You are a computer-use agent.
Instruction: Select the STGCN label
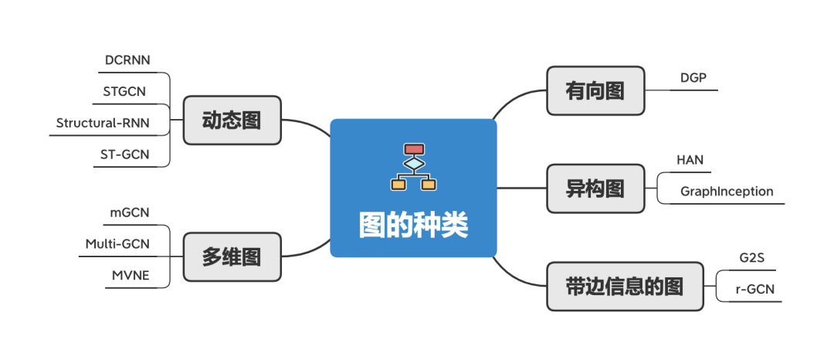[x=124, y=92]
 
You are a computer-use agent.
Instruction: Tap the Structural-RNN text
[x=103, y=123]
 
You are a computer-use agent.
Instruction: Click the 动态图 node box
[x=232, y=121]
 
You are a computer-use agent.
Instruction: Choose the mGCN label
[x=131, y=212]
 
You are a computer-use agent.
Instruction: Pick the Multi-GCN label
[x=117, y=244]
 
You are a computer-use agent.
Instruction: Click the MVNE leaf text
[x=130, y=275]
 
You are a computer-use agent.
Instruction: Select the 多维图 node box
[x=232, y=256]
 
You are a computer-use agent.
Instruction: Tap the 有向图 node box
[x=595, y=90]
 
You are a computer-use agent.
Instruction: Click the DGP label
[x=693, y=77]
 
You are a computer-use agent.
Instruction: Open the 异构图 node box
[x=595, y=188]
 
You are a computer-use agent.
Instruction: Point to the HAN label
[x=690, y=161]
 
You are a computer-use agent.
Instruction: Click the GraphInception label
[x=727, y=191]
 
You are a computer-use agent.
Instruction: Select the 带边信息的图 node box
[x=625, y=287]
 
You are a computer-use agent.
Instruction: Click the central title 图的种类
[x=414, y=226]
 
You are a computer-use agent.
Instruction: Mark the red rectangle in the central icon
[x=415, y=149]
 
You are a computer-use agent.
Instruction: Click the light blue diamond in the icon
[x=415, y=164]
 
